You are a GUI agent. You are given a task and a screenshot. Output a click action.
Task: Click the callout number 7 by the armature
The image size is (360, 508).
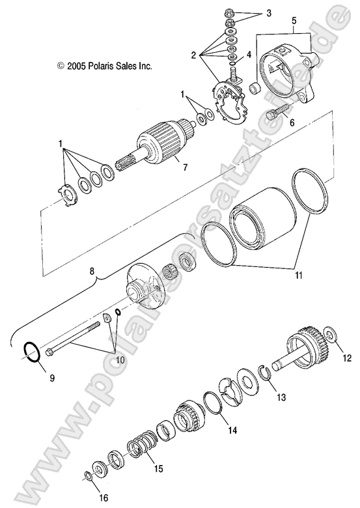tap(184, 167)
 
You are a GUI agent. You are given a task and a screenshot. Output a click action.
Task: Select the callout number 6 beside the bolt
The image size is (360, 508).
tap(292, 121)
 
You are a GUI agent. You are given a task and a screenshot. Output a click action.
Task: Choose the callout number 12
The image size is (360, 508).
tap(346, 357)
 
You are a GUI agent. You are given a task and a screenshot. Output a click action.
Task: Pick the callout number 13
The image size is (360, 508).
tap(281, 397)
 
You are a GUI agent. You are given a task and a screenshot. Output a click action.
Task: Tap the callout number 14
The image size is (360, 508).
tap(232, 430)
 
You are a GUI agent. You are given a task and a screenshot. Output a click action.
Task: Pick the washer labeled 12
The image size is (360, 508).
tap(330, 337)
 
